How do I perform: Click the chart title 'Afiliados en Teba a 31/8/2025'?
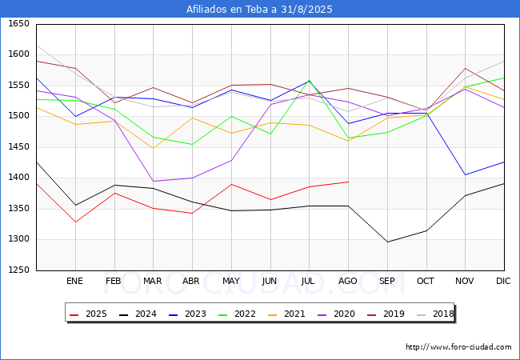tap(259, 10)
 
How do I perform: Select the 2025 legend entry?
tap(90, 314)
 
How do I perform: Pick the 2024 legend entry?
tap(138, 314)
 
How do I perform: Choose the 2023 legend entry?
tap(186, 314)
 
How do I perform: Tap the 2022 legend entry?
tap(234, 314)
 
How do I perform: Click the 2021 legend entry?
tap(282, 314)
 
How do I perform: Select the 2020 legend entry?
tap(330, 314)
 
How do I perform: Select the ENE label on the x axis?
tap(74, 281)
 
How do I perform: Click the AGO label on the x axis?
tap(347, 281)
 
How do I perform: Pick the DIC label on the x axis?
tap(503, 281)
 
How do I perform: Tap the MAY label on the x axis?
tap(230, 281)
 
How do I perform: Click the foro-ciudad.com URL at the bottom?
tap(458, 347)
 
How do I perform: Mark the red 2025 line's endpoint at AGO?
tap(347, 182)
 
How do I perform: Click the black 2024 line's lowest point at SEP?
tap(386, 242)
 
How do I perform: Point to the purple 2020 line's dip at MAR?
tap(153, 181)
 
